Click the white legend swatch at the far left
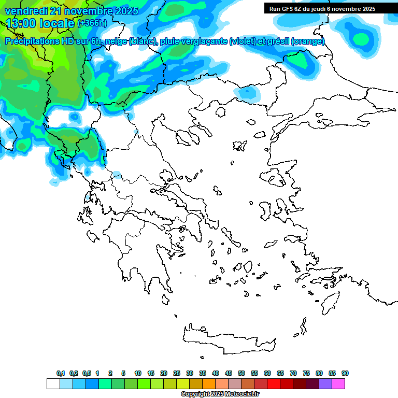53,383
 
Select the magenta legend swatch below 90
338,383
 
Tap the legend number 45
229,373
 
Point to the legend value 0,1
61,373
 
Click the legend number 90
345,373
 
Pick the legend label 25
177,373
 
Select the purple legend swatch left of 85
325,383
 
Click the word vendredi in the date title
25,11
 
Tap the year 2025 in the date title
124,11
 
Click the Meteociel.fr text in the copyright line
241,394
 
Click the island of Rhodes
330,301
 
